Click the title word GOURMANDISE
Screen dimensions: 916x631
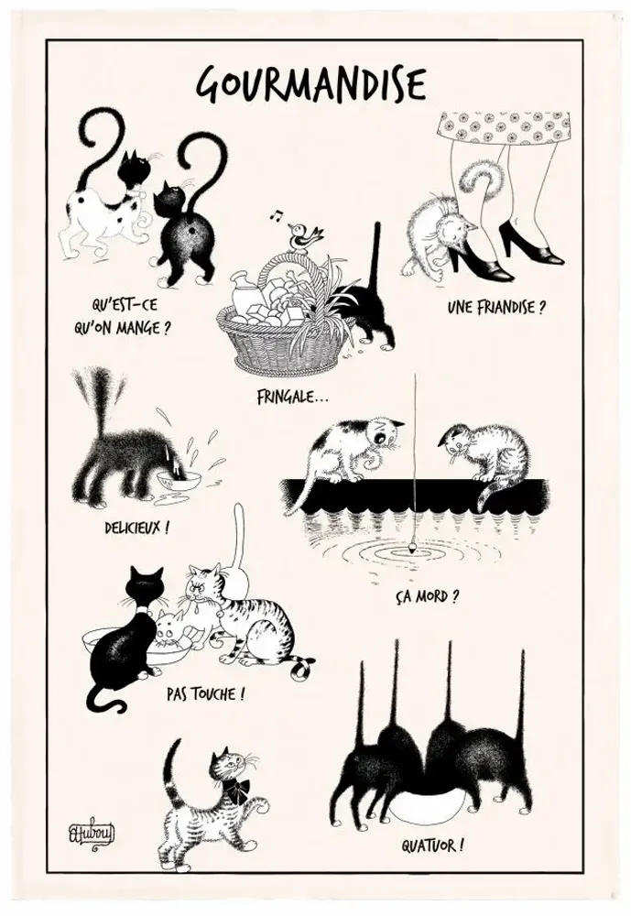coord(311,84)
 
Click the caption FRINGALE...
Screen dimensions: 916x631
coord(294,398)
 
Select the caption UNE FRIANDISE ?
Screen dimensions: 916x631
coord(496,307)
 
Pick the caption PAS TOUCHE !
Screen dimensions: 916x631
coord(206,693)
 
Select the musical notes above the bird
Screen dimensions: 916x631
coord(275,216)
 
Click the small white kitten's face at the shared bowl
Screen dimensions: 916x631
coord(170,630)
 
